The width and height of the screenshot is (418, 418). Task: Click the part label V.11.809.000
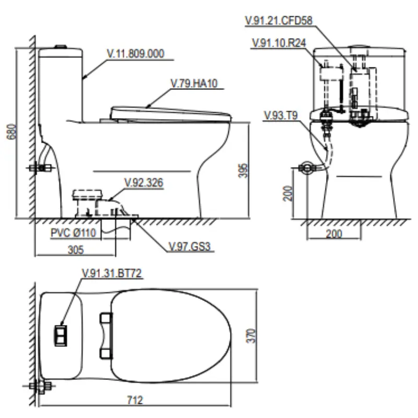pos(135,53)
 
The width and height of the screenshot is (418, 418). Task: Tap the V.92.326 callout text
pos(144,182)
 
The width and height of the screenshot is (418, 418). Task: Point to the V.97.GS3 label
pos(192,246)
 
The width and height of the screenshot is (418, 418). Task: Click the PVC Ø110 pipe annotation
pos(74,233)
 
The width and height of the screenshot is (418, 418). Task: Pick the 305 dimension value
pos(76,250)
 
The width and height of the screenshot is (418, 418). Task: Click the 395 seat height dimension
pos(241,170)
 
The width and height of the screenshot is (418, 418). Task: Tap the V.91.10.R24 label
pos(279,43)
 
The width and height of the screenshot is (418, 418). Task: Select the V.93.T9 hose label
pos(281,115)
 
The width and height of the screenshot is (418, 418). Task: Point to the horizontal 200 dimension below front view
pos(334,234)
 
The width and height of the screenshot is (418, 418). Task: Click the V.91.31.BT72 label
pos(112,272)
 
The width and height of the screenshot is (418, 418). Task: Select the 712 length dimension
pos(135,400)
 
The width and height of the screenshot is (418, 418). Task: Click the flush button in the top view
pos(61,335)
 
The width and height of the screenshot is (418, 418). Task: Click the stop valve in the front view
pos(305,168)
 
